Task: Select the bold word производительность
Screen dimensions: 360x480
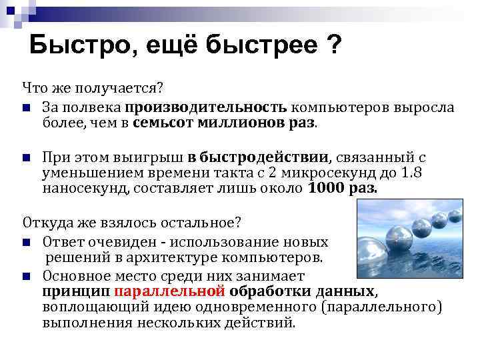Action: pyautogui.click(x=205, y=107)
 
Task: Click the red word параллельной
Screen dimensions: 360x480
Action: pyautogui.click(x=171, y=292)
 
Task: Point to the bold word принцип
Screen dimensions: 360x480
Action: pyautogui.click(x=75, y=292)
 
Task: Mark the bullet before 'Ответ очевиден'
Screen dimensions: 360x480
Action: pyautogui.click(x=26, y=242)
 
